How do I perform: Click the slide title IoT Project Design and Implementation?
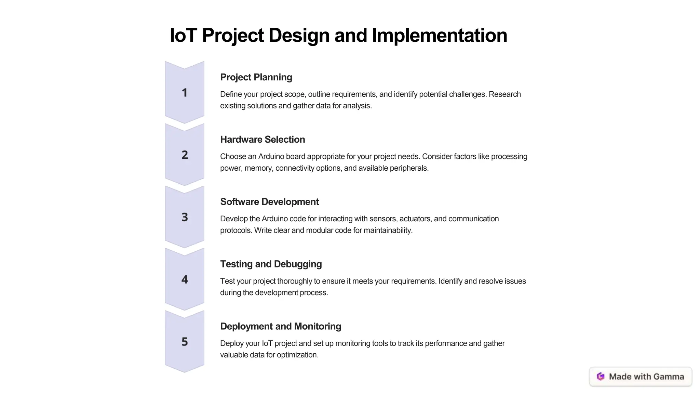pos(338,35)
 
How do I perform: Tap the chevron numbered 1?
pos(185,93)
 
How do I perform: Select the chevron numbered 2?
pos(185,155)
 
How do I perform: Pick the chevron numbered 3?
pos(185,217)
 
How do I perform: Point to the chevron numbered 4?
pos(185,279)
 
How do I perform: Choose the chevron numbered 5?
pos(185,342)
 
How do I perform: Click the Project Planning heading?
pos(256,77)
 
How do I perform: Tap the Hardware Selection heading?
pos(262,140)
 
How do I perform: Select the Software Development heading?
pos(269,202)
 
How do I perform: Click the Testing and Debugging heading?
pos(271,264)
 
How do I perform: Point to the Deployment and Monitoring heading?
pos(281,326)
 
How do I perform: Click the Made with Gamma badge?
pos(641,377)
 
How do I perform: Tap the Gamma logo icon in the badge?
pos(601,377)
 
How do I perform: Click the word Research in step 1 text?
pos(505,94)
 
